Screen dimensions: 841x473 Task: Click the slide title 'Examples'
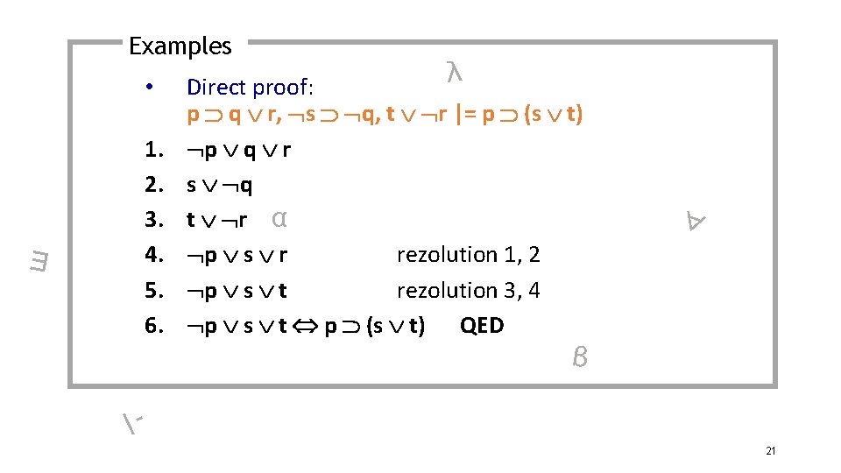pos(180,46)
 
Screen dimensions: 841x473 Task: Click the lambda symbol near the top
pos(454,74)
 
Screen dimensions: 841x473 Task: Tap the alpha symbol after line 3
pos(279,218)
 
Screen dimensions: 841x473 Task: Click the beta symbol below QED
pos(578,357)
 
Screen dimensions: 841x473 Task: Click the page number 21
pos(771,451)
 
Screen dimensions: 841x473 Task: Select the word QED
pos(482,326)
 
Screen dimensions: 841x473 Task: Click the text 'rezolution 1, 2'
pos(468,255)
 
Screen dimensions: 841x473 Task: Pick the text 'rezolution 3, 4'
pos(468,290)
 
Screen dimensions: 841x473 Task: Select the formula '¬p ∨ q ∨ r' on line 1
pos(238,150)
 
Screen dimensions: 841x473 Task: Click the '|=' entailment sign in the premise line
pos(464,114)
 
